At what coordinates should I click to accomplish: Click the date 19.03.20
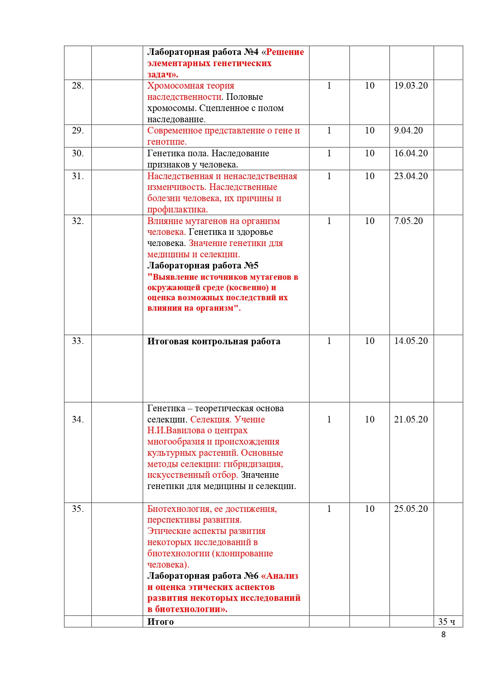point(411,86)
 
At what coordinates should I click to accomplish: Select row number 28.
point(78,86)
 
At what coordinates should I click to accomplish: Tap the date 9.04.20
point(408,131)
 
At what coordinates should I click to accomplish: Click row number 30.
point(78,154)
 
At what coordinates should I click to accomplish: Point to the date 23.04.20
point(411,176)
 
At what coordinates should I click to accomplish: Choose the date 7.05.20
point(408,221)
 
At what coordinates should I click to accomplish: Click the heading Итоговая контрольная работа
point(214,342)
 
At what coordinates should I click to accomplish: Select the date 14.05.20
point(411,341)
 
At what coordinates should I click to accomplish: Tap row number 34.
point(78,420)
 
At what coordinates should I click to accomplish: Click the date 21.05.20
point(411,420)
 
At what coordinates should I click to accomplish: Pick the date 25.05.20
point(411,509)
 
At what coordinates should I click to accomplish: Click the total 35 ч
point(446,622)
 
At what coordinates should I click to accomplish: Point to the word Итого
point(161,622)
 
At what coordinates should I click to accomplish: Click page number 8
point(443,635)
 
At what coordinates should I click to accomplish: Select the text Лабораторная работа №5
point(203,266)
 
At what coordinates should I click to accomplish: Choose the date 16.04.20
point(411,154)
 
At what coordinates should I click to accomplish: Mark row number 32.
point(78,221)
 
